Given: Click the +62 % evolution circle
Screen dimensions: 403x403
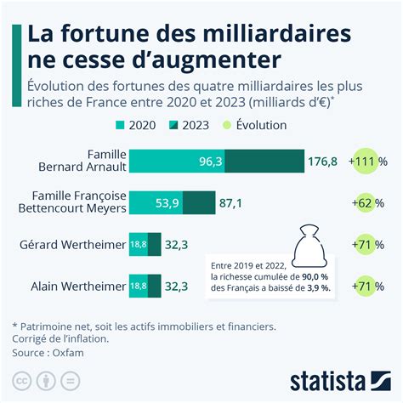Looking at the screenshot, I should click(x=366, y=203).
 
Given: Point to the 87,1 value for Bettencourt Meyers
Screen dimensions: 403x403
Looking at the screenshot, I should click(x=231, y=203).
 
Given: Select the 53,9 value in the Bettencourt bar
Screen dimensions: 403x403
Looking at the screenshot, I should click(x=167, y=203).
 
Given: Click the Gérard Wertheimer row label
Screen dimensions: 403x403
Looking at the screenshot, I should click(x=71, y=245).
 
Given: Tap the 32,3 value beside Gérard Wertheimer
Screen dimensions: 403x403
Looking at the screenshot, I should click(x=176, y=245).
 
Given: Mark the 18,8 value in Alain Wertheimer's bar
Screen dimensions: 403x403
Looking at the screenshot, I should click(x=138, y=287).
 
